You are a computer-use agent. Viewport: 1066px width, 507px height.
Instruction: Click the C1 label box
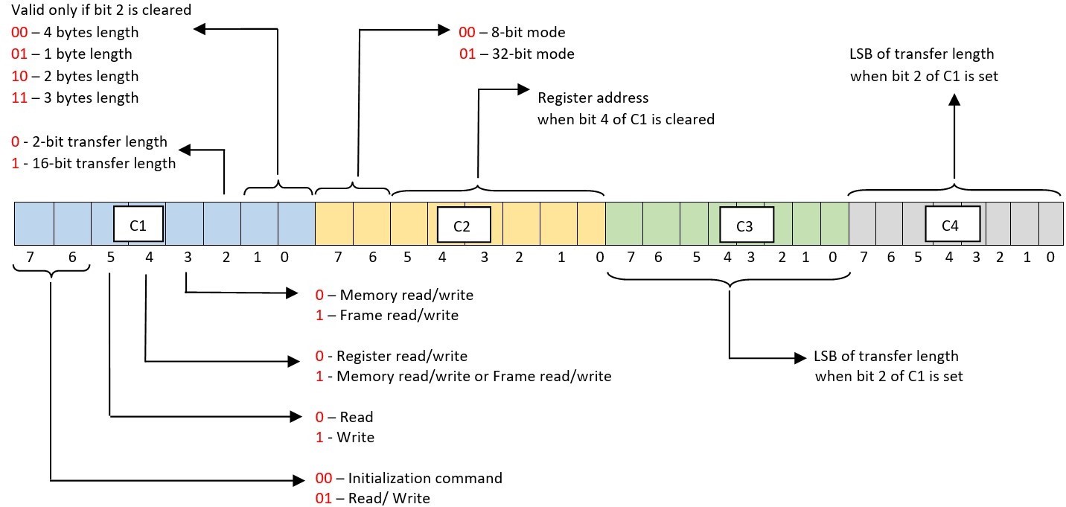tap(138, 224)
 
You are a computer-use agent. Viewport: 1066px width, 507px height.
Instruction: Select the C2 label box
tap(462, 226)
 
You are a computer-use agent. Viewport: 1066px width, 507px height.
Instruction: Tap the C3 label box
tap(745, 226)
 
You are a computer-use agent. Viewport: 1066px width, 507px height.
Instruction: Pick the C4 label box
tap(950, 225)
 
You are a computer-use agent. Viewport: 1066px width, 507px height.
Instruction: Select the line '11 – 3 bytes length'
tap(74, 98)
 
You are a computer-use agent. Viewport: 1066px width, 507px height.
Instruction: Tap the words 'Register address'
tap(593, 98)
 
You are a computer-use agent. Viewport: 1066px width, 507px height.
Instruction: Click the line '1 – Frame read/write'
tap(387, 315)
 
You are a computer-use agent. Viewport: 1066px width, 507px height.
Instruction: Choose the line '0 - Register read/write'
tap(392, 356)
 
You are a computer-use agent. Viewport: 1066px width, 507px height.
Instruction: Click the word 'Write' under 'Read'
tap(357, 437)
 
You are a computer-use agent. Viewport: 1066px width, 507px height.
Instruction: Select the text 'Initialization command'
tap(425, 477)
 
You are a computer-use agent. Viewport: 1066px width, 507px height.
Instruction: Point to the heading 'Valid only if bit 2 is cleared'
tap(101, 10)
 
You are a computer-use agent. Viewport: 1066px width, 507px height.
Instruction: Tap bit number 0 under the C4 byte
tap(1050, 258)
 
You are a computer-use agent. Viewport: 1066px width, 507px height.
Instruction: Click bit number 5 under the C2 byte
tap(406, 258)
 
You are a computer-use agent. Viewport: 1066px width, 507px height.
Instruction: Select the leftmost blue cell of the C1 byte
tap(34, 223)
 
